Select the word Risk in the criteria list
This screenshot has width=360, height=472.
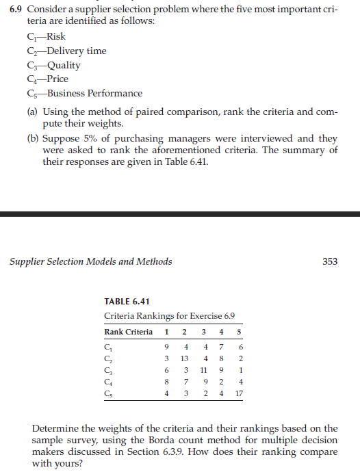pyautogui.click(x=57, y=37)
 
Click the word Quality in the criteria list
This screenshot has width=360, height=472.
pyautogui.click(x=63, y=65)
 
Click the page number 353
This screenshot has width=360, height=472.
pyautogui.click(x=330, y=261)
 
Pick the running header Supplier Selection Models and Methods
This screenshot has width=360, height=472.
pyautogui.click(x=90, y=261)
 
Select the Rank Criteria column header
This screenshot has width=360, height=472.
pyautogui.click(x=128, y=332)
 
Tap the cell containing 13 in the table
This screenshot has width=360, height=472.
pyautogui.click(x=184, y=358)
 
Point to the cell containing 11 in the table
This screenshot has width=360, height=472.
pyautogui.click(x=203, y=370)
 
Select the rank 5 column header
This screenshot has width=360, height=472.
pyautogui.click(x=239, y=332)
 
